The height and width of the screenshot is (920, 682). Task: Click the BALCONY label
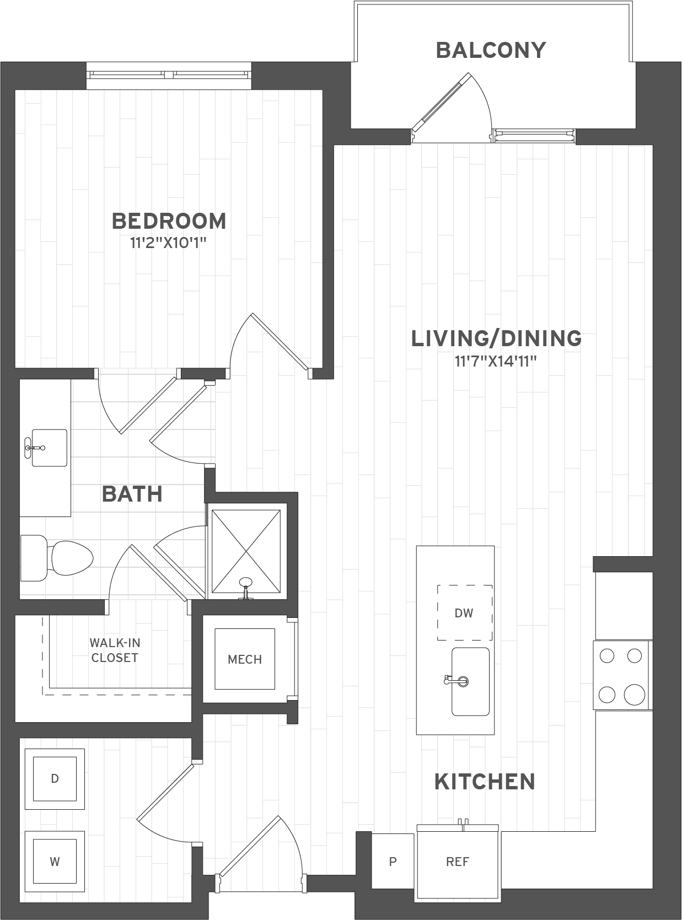point(490,50)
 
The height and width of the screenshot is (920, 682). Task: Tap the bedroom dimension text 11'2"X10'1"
point(168,243)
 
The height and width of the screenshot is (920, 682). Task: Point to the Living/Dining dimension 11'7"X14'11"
point(496,362)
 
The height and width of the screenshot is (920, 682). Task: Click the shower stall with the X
point(246,552)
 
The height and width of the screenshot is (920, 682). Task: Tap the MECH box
point(245,659)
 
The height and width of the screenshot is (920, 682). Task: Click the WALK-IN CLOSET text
point(115,650)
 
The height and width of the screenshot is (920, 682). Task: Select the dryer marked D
point(55,778)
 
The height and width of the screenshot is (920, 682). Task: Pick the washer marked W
point(55,862)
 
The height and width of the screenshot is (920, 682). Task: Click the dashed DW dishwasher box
point(464,612)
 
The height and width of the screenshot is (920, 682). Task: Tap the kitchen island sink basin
point(471,681)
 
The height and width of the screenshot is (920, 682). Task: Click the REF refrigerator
point(458,862)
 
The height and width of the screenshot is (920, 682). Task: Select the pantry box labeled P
point(393,862)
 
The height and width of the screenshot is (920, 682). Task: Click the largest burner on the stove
point(634,695)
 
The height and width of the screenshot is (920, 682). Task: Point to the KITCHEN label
point(485,782)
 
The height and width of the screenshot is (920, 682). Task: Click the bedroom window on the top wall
point(169,74)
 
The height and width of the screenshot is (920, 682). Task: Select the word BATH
point(132,494)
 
